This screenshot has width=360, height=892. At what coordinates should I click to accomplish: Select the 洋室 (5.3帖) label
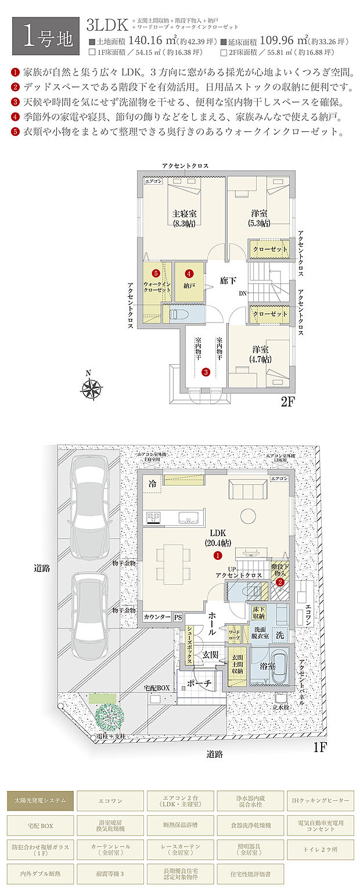click(x=259, y=217)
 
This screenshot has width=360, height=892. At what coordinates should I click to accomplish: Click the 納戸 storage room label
click(x=189, y=286)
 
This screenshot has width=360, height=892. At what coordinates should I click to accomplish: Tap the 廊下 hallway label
click(x=228, y=281)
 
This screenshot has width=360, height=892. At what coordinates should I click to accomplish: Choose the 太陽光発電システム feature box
click(x=41, y=800)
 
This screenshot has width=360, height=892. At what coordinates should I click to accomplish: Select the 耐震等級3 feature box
click(x=110, y=872)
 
